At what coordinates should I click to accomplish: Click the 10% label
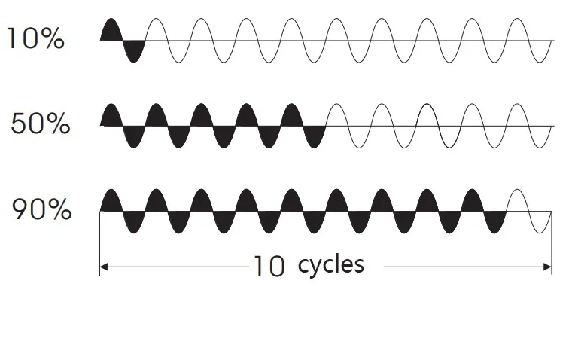35,39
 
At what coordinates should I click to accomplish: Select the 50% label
41,124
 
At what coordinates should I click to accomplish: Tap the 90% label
41,210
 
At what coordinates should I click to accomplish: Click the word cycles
330,264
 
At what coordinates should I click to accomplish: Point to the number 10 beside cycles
268,267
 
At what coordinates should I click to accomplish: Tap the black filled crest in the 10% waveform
111,30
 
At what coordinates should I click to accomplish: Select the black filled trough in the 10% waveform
134,51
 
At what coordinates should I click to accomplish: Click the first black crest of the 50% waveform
111,115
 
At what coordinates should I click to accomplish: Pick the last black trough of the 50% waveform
315,137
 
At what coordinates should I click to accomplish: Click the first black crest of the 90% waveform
111,201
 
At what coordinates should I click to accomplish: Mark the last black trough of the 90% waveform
495,223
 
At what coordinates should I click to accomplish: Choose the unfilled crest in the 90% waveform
518,201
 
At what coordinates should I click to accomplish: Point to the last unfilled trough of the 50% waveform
540,140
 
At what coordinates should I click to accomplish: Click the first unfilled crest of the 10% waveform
157,26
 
